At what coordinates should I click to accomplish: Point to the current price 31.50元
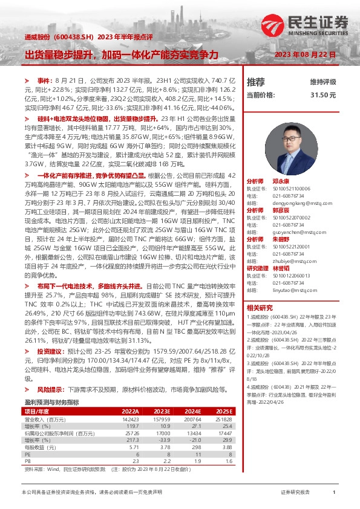[x=323, y=95]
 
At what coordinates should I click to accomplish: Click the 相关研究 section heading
[x=260, y=308]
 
